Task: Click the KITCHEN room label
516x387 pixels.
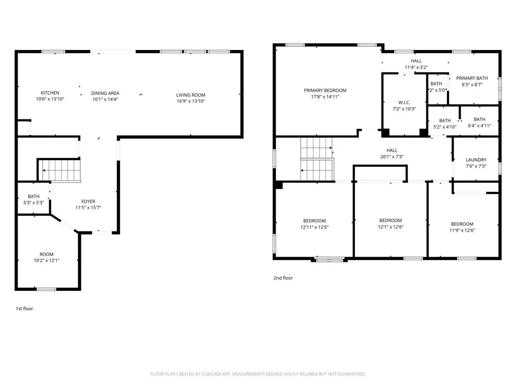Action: tap(50, 93)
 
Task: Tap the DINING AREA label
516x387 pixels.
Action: tap(105, 93)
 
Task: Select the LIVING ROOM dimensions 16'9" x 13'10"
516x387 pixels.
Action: tap(190, 101)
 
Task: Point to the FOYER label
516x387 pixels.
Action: tap(88, 202)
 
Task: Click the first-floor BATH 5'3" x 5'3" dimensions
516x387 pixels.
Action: tap(34, 203)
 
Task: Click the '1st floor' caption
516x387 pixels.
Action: tap(24, 309)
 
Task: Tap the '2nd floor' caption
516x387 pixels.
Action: tap(283, 278)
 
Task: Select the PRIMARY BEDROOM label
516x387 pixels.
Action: tap(325, 91)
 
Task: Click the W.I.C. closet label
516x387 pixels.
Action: tap(404, 103)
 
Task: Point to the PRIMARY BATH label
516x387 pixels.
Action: tap(472, 78)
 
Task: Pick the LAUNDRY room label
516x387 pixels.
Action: tap(476, 160)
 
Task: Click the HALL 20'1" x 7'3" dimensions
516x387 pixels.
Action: tap(392, 157)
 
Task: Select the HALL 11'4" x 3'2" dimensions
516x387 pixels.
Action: tap(416, 68)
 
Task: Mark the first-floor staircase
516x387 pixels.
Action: tap(60, 170)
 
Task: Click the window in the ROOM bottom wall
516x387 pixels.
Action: tap(46, 289)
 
